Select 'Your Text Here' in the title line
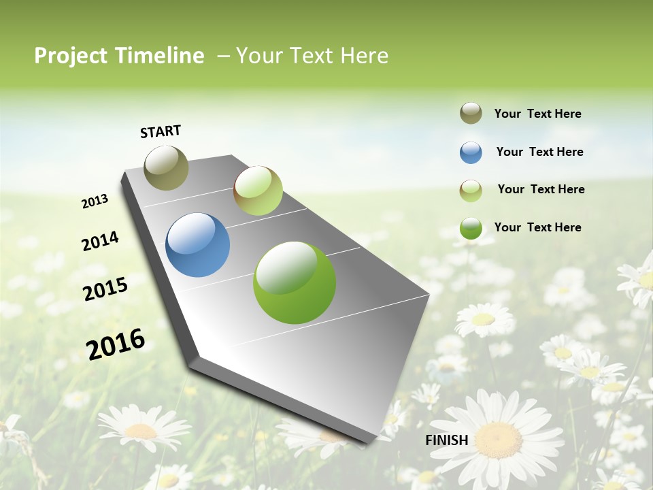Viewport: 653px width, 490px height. click(312, 56)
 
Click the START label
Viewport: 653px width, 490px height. click(161, 131)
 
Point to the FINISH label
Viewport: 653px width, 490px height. click(447, 440)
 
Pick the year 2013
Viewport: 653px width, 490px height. click(95, 201)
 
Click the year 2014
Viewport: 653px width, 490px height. click(100, 241)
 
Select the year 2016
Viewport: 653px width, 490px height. click(116, 344)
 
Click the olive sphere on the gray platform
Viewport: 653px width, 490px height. click(167, 167)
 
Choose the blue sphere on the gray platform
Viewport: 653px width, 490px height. click(198, 245)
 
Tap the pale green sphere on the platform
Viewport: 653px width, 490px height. click(258, 191)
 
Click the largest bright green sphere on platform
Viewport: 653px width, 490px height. click(295, 282)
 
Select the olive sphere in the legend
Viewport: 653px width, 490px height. click(471, 114)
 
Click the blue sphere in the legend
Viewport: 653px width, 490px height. click(471, 152)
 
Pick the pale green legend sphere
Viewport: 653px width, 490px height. click(471, 191)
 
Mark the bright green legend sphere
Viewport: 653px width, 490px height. click(471, 228)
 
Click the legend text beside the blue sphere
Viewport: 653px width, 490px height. click(539, 152)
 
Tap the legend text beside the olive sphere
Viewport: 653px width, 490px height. click(537, 114)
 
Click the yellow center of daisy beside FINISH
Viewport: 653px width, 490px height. click(499, 439)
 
